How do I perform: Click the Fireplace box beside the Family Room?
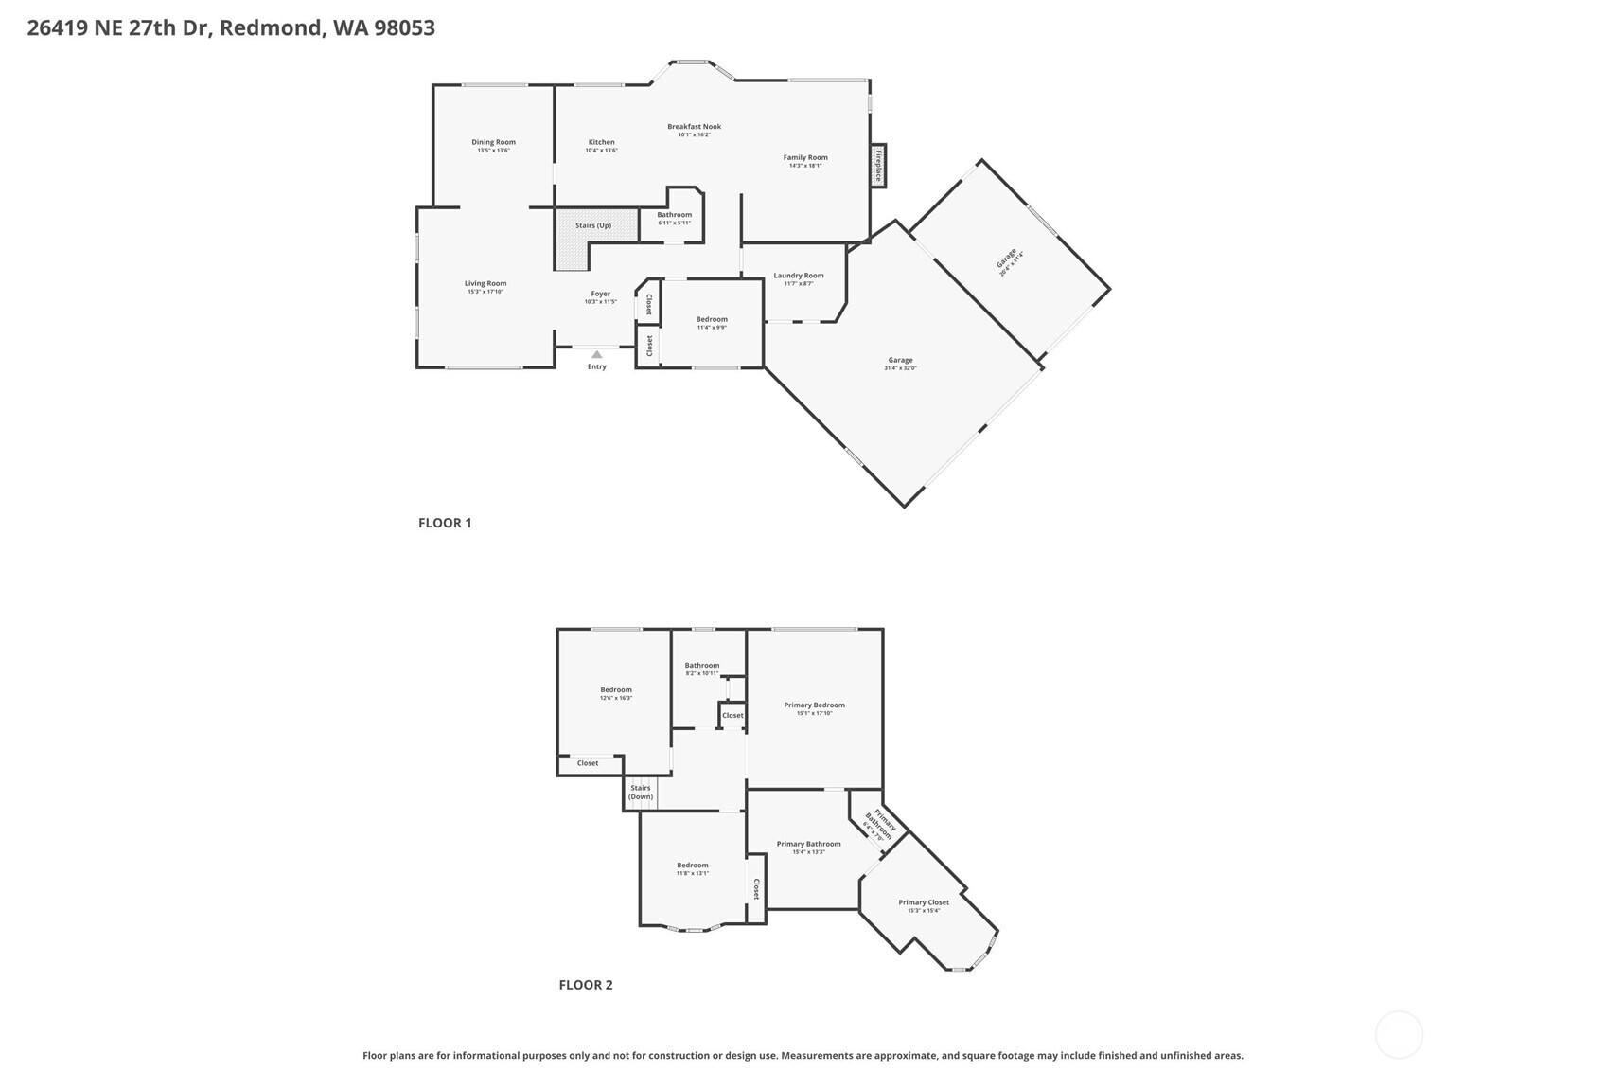coord(878,166)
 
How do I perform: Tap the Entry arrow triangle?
coord(596,355)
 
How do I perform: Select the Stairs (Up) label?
coord(593,225)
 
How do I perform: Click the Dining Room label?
coord(493,142)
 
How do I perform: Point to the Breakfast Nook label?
coord(694,126)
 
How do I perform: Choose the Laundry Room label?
coord(799,276)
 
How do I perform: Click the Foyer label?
coord(600,294)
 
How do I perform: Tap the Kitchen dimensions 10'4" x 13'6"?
coord(601,151)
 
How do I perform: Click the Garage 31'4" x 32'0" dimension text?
coord(900,368)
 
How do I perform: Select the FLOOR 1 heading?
coord(445,523)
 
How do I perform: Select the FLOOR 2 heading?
coord(586,985)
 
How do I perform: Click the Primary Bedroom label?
coord(814,705)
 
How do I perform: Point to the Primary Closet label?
coord(924,902)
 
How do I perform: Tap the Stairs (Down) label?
coord(641,792)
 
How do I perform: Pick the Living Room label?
coord(485,283)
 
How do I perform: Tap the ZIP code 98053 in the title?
coord(404,27)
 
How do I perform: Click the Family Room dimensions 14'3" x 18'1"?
coord(805,166)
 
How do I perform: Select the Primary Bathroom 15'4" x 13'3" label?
coord(808,844)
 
